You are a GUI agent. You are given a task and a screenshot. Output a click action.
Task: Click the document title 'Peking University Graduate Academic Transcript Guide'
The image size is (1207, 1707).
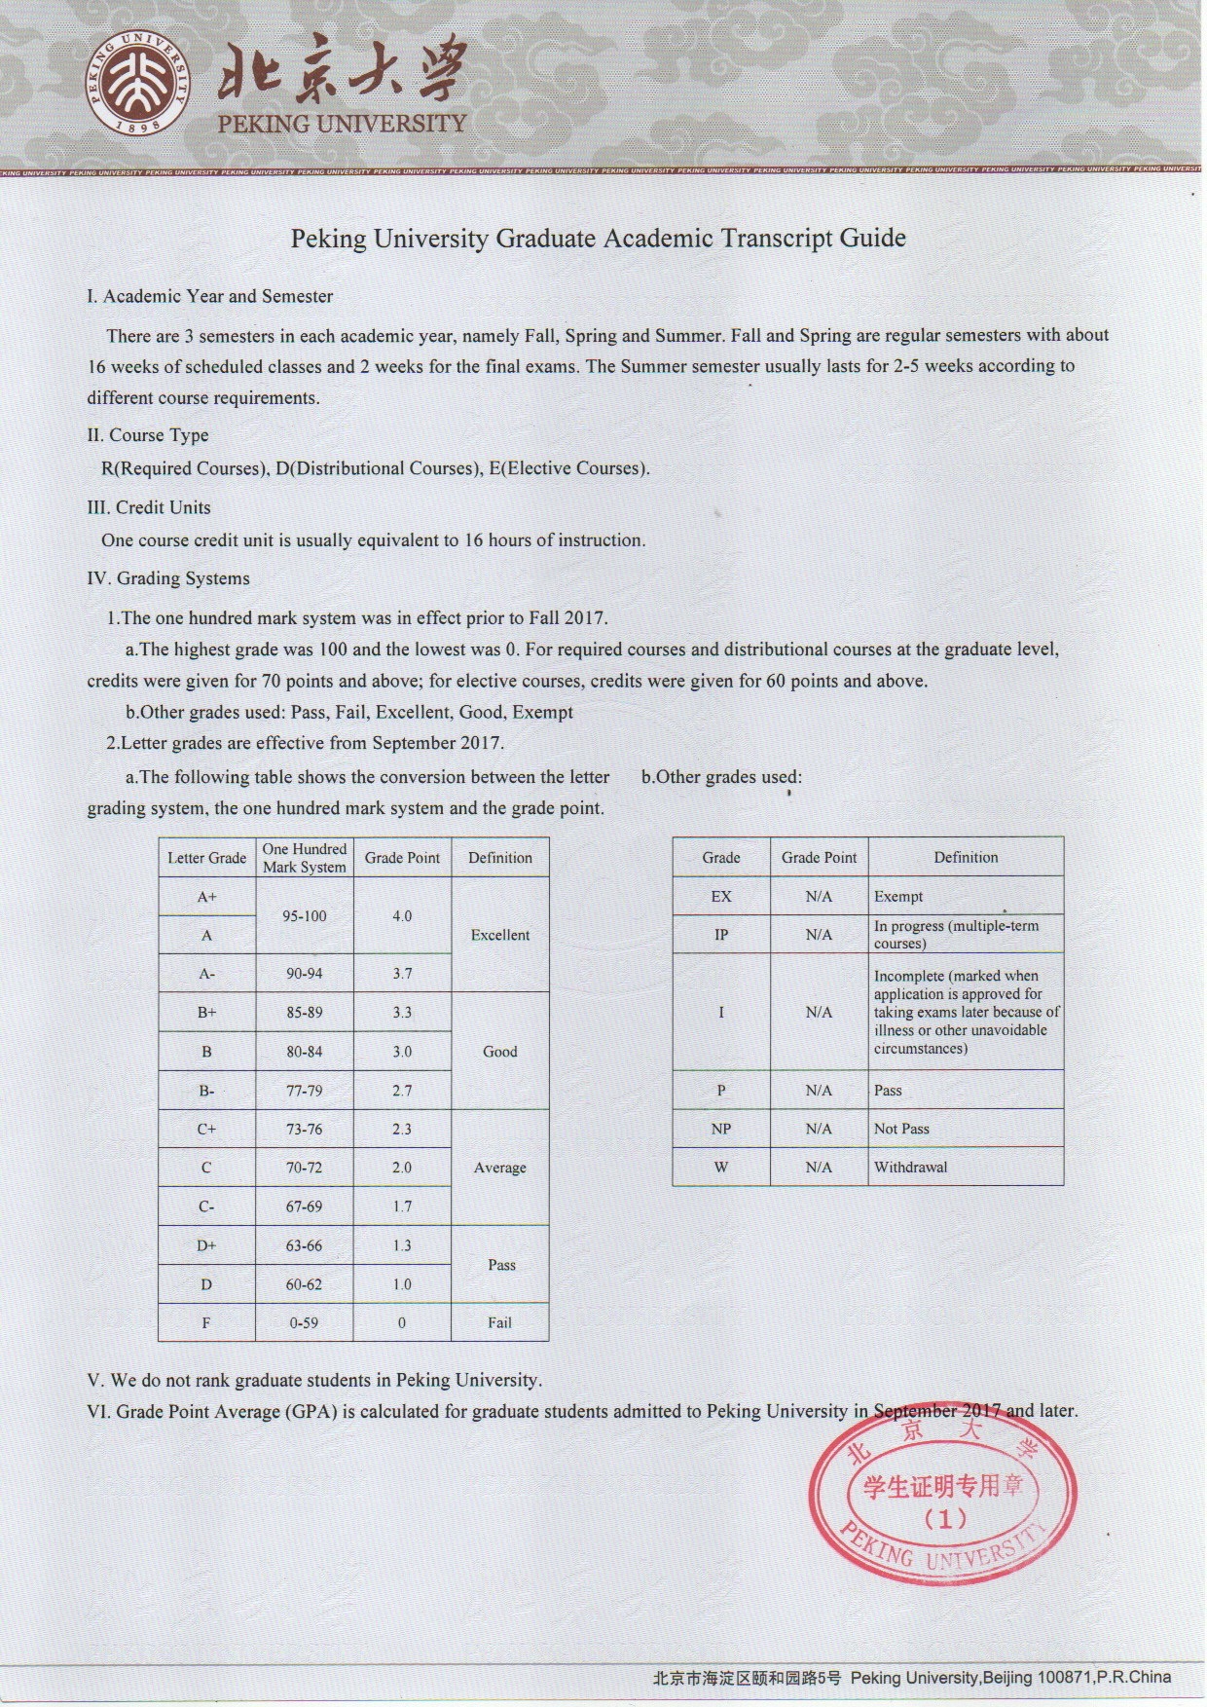click(598, 238)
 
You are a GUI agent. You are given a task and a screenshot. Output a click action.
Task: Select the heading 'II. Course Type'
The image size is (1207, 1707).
click(148, 435)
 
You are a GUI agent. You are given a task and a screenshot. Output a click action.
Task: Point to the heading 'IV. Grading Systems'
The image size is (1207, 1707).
click(168, 578)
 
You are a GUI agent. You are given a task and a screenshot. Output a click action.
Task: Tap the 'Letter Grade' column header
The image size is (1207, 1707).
click(206, 858)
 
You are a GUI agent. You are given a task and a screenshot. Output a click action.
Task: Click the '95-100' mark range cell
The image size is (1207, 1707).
click(305, 915)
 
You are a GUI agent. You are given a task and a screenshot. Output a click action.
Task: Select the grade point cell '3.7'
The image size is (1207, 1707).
click(402, 974)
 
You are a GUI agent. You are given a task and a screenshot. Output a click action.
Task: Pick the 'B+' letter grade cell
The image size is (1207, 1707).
click(206, 1013)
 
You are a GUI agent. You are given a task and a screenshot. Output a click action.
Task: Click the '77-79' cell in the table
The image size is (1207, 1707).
click(305, 1091)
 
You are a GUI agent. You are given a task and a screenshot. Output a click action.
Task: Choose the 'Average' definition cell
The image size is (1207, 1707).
click(500, 1168)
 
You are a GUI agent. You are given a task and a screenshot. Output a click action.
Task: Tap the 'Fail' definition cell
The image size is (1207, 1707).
click(500, 1322)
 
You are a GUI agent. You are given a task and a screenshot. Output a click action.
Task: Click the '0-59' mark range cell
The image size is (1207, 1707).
click(305, 1322)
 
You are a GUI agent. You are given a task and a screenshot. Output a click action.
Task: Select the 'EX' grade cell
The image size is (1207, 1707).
click(721, 896)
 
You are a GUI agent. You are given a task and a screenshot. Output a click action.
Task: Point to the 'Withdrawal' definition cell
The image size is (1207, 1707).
click(910, 1167)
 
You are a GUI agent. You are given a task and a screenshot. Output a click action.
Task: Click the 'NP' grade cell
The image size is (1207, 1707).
click(721, 1129)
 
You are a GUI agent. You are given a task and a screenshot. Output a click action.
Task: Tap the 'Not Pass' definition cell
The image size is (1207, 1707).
click(901, 1129)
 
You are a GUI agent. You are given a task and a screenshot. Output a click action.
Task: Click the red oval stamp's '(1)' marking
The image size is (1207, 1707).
click(944, 1518)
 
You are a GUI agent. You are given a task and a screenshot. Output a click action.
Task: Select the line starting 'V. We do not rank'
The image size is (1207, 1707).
click(314, 1380)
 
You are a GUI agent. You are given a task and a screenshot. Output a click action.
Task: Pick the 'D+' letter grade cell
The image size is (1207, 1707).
click(206, 1245)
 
